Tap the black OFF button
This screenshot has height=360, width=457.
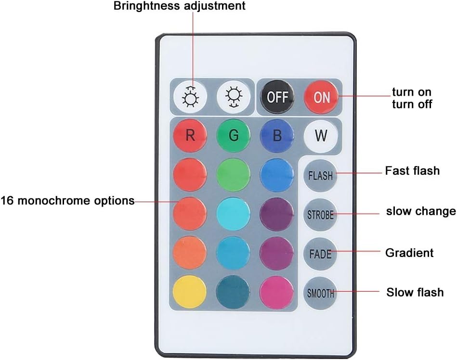(x=277, y=97)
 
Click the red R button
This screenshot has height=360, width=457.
(x=190, y=136)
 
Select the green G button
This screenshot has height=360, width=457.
(x=233, y=136)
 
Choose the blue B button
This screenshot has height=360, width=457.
(x=277, y=136)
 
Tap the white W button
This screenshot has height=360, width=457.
(x=321, y=136)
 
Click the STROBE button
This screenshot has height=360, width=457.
(x=320, y=214)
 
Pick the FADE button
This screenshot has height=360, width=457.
(x=320, y=253)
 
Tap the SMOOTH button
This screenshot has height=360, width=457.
(x=320, y=292)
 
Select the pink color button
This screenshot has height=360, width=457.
(x=277, y=292)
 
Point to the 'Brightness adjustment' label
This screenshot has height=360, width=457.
(x=179, y=6)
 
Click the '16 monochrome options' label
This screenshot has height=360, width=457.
(x=67, y=201)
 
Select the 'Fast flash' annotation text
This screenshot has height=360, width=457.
(x=412, y=170)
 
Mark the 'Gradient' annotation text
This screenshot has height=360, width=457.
(x=409, y=253)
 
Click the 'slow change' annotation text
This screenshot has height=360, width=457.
(x=420, y=211)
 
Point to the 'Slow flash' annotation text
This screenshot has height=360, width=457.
(x=415, y=292)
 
